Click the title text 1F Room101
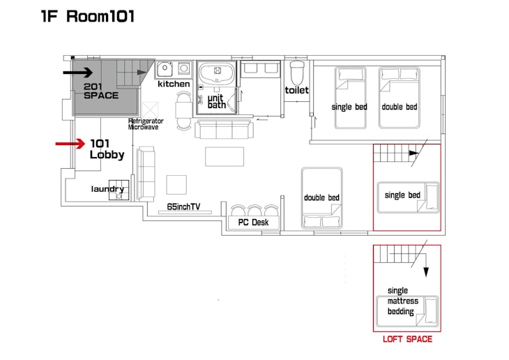click(x=88, y=16)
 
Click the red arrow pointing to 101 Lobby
click(x=70, y=144)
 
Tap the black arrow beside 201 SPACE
click(x=78, y=73)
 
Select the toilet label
click(x=297, y=90)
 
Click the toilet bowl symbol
click(x=297, y=73)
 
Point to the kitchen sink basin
click(x=165, y=69)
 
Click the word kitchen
click(x=174, y=84)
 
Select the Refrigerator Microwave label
click(x=146, y=123)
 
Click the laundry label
click(x=107, y=189)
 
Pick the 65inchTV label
click(x=183, y=207)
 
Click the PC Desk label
click(x=253, y=223)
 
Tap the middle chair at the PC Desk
click(x=254, y=210)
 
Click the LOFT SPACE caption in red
click(x=407, y=339)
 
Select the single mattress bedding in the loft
click(x=407, y=312)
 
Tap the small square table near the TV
click(x=176, y=185)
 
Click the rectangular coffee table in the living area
click(x=225, y=156)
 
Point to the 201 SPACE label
click(x=101, y=91)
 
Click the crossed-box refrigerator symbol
click(x=151, y=110)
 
